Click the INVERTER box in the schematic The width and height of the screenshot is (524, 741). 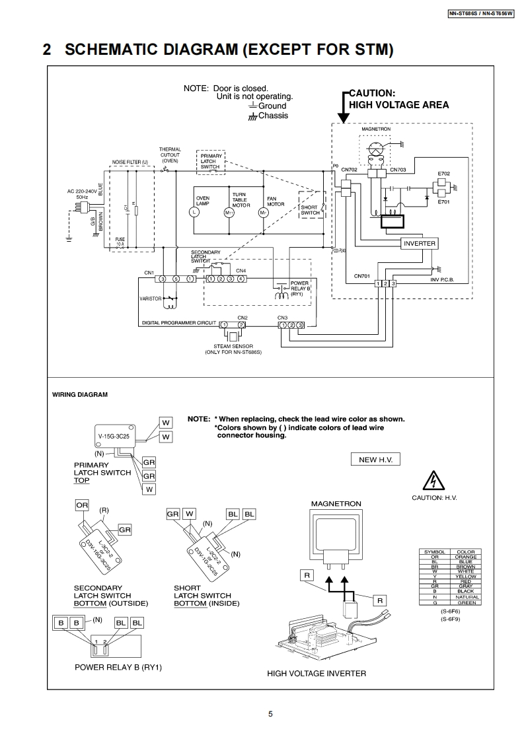pyautogui.click(x=420, y=243)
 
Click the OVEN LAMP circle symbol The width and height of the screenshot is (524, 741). pyautogui.click(x=194, y=213)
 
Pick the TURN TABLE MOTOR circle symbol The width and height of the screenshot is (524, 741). pyautogui.click(x=229, y=213)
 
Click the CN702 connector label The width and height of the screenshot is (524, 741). pyautogui.click(x=349, y=170)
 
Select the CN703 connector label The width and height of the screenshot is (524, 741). pyautogui.click(x=398, y=170)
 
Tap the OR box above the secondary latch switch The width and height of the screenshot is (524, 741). pyautogui.click(x=82, y=505)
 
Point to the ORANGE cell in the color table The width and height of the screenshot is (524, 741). pyautogui.click(x=465, y=557)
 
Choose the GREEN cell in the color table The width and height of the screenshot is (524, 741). pyautogui.click(x=465, y=602)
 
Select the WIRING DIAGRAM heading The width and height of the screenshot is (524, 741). pyautogui.click(x=80, y=395)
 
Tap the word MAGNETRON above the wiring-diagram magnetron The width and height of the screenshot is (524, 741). pyautogui.click(x=336, y=504)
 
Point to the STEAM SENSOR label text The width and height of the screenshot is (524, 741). pyautogui.click(x=237, y=346)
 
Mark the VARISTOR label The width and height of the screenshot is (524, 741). pyautogui.click(x=150, y=299)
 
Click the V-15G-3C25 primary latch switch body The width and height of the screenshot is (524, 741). pyautogui.click(x=114, y=437)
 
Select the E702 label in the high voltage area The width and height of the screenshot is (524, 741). pyautogui.click(x=443, y=173)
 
